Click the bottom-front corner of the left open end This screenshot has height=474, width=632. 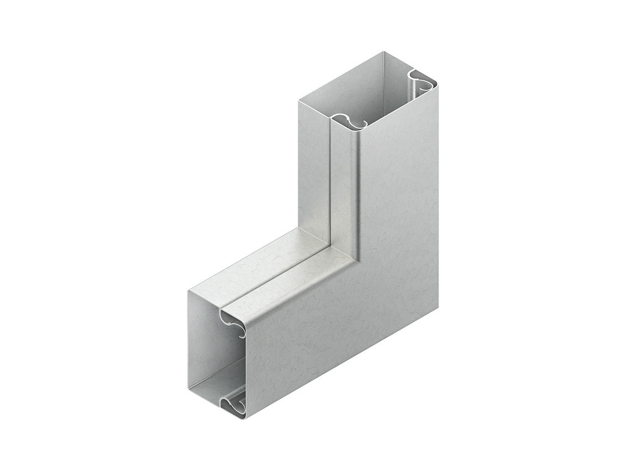point(246,418)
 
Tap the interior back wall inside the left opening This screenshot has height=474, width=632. point(207,337)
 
